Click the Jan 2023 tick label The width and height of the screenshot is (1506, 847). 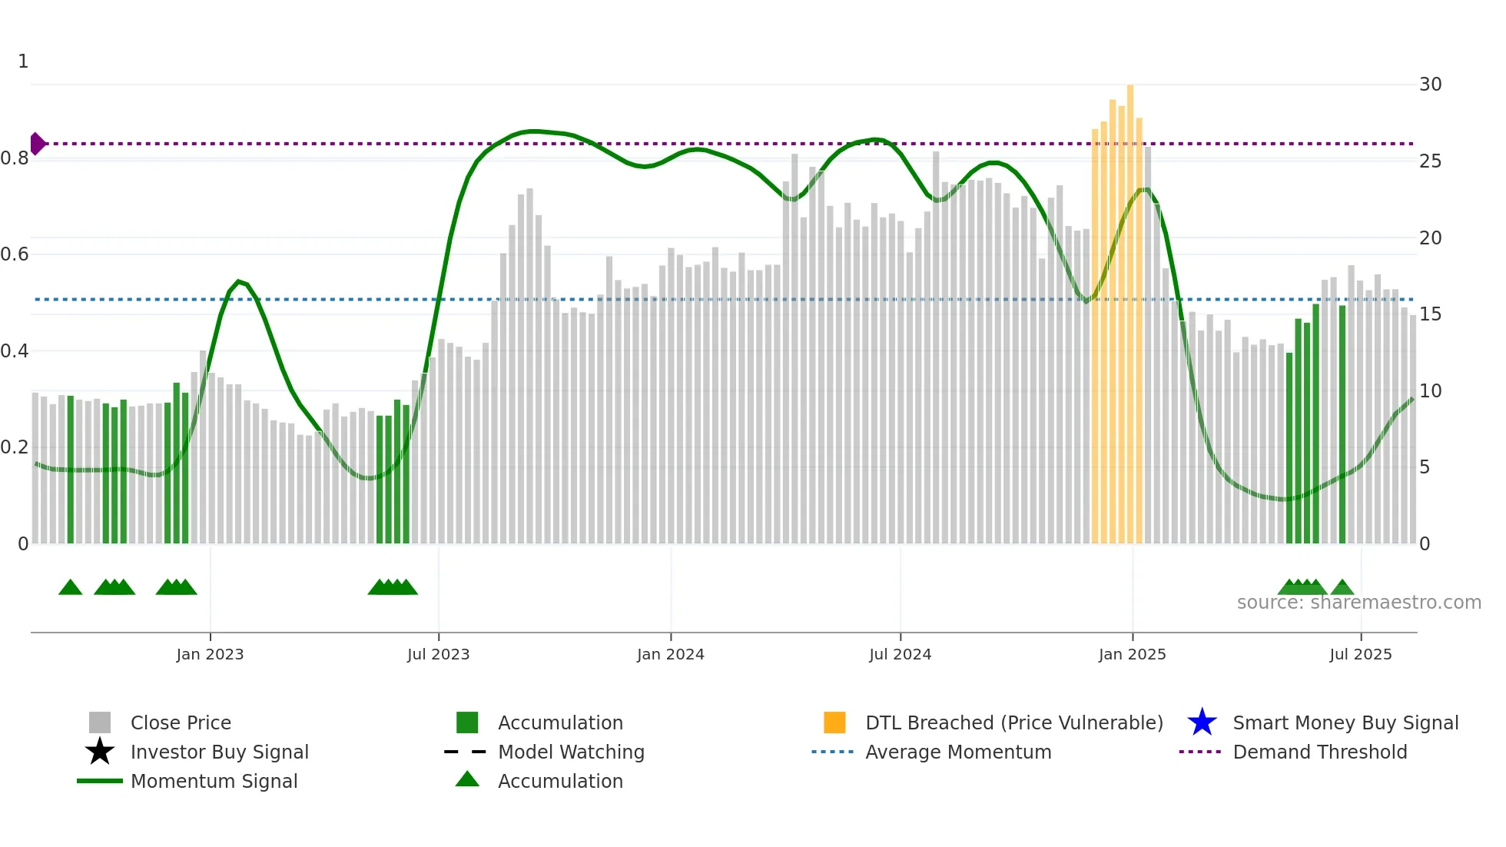[x=210, y=654]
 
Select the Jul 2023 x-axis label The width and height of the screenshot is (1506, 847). [x=438, y=654]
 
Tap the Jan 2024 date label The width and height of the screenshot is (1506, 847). [x=670, y=654]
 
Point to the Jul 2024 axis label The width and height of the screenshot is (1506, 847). [x=900, y=654]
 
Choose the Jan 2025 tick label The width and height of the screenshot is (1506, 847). [x=1132, y=654]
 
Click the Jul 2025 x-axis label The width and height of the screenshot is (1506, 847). [x=1360, y=654]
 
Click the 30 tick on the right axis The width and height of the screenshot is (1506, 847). [x=1430, y=85]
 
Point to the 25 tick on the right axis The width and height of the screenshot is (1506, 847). [x=1430, y=161]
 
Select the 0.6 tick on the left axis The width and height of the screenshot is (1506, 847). [x=15, y=254]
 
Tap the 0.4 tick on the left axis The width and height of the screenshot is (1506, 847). [x=15, y=351]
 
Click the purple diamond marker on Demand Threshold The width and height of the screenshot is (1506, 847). [x=37, y=144]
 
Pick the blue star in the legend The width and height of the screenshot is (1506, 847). [x=1202, y=722]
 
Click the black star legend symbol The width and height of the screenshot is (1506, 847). [x=100, y=752]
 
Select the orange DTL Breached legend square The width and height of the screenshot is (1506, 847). [x=834, y=722]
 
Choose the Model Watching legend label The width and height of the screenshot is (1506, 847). [x=571, y=752]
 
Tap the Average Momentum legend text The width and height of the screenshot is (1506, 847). [x=958, y=752]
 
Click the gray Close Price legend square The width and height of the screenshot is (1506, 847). [x=100, y=722]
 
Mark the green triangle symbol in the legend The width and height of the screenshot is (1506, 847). [x=467, y=779]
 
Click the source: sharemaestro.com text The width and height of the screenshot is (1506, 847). [x=1358, y=603]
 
